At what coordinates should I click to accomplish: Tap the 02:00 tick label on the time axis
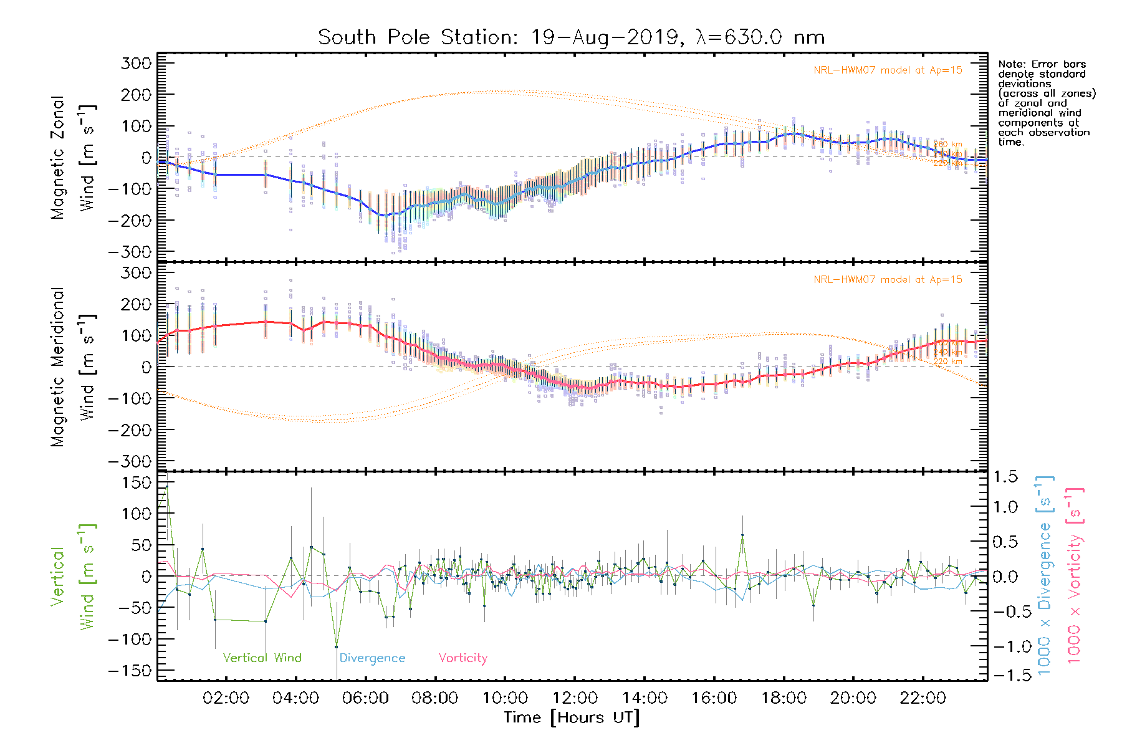tap(226, 698)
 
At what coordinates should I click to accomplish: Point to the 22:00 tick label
tap(923, 698)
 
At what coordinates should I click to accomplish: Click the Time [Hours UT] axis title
tap(571, 718)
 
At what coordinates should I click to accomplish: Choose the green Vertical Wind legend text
tap(262, 658)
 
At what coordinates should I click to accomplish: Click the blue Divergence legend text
tap(372, 658)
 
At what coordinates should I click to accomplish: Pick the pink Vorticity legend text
tap(463, 658)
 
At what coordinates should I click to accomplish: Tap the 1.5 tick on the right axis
tap(1005, 477)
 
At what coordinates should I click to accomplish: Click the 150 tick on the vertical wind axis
tap(137, 482)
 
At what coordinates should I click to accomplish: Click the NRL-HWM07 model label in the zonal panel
tap(888, 70)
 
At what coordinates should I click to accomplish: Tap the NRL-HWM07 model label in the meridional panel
tap(888, 280)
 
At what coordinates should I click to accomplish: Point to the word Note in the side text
tap(1010, 64)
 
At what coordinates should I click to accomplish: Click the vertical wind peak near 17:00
tap(742, 535)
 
